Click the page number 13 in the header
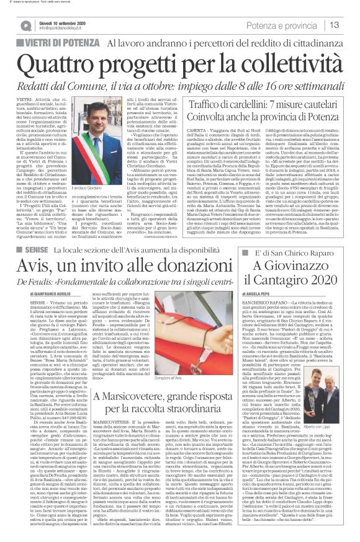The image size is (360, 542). [x=335, y=25]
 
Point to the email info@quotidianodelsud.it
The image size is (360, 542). [x=61, y=27]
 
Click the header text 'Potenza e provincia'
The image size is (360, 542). [x=287, y=25]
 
